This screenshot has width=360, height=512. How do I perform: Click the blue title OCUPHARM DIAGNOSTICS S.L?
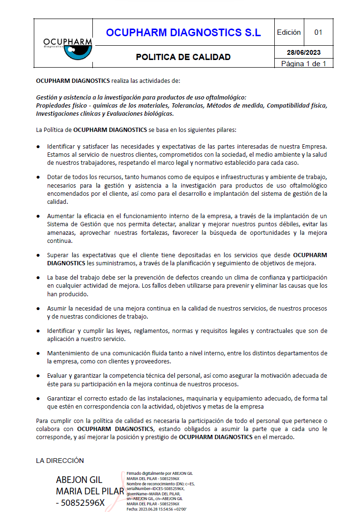[x=183, y=32]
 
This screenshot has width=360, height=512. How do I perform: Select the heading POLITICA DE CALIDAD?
[x=183, y=57]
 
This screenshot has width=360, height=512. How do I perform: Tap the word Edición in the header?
[x=289, y=32]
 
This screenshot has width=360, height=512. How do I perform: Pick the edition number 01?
[x=318, y=32]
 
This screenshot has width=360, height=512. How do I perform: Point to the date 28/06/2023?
[x=304, y=52]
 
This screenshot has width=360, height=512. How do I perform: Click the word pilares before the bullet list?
[x=225, y=130]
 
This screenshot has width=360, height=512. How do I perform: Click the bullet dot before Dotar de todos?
[x=38, y=177]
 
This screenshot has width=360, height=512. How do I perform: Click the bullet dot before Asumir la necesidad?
[x=38, y=309]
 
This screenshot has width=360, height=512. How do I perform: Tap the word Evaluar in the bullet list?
[x=58, y=375]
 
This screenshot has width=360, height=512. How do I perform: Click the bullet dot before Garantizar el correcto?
[x=38, y=398]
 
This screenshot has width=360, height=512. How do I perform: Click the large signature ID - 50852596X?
[x=80, y=502]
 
